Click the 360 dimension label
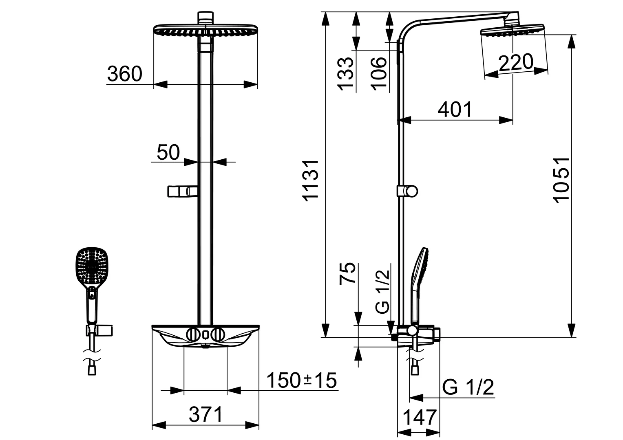tap(125, 74)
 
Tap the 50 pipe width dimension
tap(168, 153)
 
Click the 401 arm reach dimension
tap(455, 109)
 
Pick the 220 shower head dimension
tap(515, 63)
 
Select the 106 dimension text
tap(378, 73)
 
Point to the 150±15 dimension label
tap(302, 381)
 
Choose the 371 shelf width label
tap(206, 415)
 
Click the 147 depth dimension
tap(420, 417)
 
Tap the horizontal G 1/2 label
tap(468, 387)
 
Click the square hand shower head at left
tap(93, 265)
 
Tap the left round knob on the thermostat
tap(193, 334)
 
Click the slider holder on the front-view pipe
tap(182, 191)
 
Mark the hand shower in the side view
tap(420, 281)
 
